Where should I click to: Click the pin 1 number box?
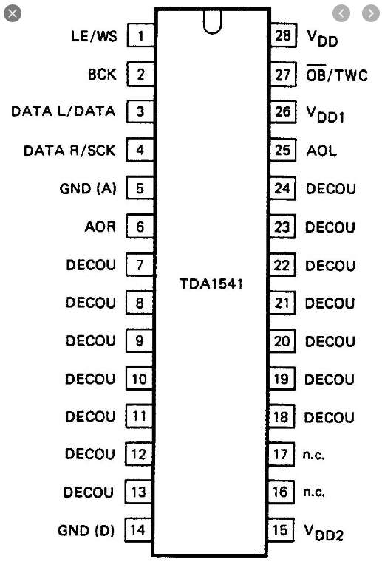pyautogui.click(x=140, y=35)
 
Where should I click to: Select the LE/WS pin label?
pyautogui.click(x=94, y=35)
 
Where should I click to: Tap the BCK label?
pyautogui.click(x=103, y=74)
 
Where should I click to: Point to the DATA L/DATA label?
pyautogui.click(x=64, y=111)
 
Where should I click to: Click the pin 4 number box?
pyautogui.click(x=140, y=149)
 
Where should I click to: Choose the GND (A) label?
pyautogui.click(x=88, y=188)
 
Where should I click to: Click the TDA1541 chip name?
pyautogui.click(x=211, y=283)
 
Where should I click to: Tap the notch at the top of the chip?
pyautogui.click(x=212, y=21)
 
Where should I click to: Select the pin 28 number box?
pyautogui.click(x=283, y=35)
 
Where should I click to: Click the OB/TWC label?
pyautogui.click(x=337, y=74)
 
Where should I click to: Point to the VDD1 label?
pyautogui.click(x=325, y=114)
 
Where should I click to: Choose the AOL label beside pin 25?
pyautogui.click(x=321, y=150)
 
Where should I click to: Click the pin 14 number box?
pyautogui.click(x=138, y=530)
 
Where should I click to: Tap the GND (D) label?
pyautogui.click(x=86, y=530)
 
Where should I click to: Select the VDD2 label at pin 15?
pyautogui.click(x=324, y=532)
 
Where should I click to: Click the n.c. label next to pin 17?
pyautogui.click(x=313, y=455)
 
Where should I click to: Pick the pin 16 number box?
pyautogui.click(x=280, y=492)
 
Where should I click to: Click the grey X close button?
pyautogui.click(x=13, y=14)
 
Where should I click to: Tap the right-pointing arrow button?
pyautogui.click(x=371, y=14)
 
